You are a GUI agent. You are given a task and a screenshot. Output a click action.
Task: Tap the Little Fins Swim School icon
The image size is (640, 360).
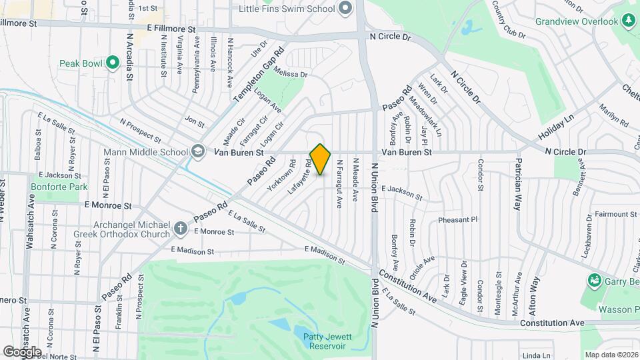coord(345,9)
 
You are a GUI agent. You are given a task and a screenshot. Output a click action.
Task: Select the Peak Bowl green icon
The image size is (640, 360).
coord(113,63)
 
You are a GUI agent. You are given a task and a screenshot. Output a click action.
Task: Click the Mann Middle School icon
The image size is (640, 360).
coord(197,152)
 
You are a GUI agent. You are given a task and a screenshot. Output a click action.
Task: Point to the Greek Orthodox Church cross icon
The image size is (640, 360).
coord(180,229)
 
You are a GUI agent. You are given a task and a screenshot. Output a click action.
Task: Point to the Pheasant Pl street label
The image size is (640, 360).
coord(458,219)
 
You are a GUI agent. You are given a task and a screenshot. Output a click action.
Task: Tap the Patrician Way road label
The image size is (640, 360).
coord(517,185)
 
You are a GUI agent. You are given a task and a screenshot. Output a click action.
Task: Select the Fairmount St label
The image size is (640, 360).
coord(614,215)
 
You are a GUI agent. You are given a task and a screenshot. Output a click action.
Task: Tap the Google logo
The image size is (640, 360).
coord(22,351)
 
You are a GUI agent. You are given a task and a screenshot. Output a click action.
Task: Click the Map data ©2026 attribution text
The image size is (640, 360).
coord(611,355)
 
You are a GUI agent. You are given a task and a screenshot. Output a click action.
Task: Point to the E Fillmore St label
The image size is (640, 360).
coord(171,29)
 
